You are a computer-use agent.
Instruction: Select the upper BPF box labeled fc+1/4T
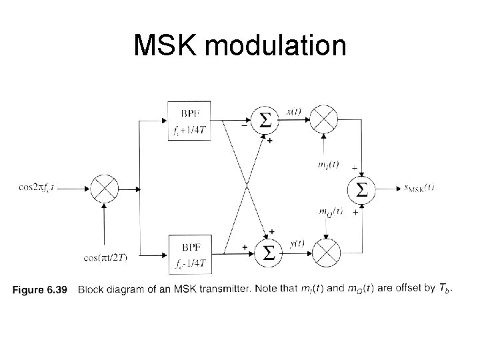click(x=191, y=121)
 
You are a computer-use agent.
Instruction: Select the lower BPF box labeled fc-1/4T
click(x=191, y=252)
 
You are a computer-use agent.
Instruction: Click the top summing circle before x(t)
click(x=265, y=121)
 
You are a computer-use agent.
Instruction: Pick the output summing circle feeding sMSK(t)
click(x=361, y=189)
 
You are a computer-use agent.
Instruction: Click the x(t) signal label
click(x=294, y=111)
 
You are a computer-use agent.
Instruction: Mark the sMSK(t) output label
click(x=414, y=188)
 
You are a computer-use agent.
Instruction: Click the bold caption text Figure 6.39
click(x=41, y=289)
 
